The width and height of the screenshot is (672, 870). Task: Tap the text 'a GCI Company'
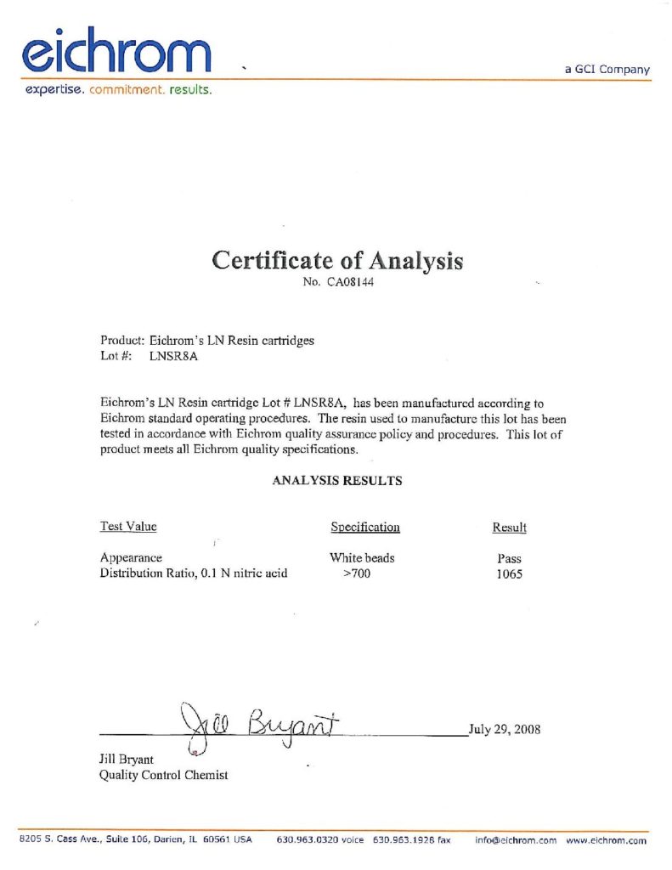coord(607,70)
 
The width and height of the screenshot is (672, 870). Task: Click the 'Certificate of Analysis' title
coord(336,260)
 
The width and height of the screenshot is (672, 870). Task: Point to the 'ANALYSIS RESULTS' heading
coord(336,481)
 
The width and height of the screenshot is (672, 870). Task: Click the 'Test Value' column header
coord(128,527)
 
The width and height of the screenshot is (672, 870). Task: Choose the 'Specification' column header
coord(364,528)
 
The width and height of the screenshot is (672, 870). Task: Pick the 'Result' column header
coord(509,528)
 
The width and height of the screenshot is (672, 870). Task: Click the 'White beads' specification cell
coord(362,558)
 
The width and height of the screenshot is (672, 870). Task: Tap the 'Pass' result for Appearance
coord(510,559)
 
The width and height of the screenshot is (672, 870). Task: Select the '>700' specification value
coord(357,573)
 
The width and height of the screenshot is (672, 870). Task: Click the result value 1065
coord(510,573)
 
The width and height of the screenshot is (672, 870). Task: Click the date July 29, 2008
coord(505,729)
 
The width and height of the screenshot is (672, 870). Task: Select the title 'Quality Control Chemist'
coord(164,775)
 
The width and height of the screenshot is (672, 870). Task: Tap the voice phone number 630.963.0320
coord(319,839)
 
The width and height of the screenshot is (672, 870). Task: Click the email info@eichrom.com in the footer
coord(515,839)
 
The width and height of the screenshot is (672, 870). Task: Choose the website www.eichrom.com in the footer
coord(606,839)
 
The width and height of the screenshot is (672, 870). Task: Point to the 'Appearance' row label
coord(131,558)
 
